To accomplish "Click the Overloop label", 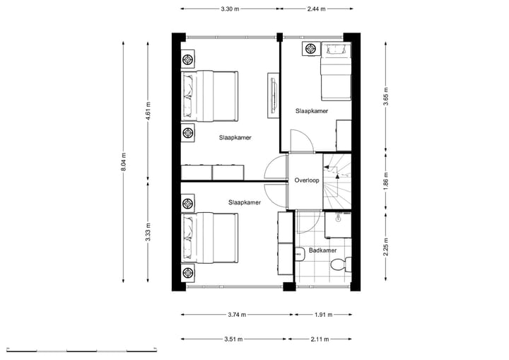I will [x=307, y=180].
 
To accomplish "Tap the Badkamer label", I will [x=322, y=250].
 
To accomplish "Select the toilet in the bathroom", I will [x=340, y=265].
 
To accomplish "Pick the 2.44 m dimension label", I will [x=317, y=9].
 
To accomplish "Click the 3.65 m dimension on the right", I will [x=386, y=95].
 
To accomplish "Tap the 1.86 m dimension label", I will [x=386, y=180].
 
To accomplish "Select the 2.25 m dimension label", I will [x=386, y=245].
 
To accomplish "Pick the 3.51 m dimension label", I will [x=233, y=339].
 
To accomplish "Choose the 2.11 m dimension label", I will [x=320, y=339].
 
